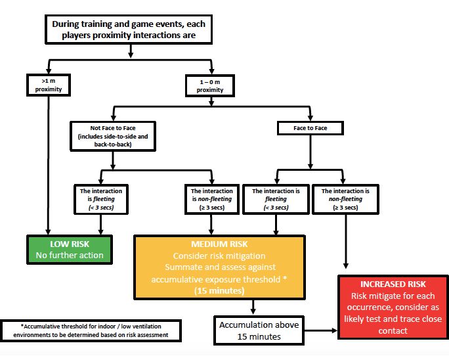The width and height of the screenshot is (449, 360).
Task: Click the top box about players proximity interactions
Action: point(131,30)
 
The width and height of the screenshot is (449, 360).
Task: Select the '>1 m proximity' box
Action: point(48,85)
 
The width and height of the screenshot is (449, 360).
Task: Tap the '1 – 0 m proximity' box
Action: point(210,85)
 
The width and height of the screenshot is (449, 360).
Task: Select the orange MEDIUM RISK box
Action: point(220,265)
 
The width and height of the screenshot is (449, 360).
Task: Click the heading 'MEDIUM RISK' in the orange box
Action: point(220,242)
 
